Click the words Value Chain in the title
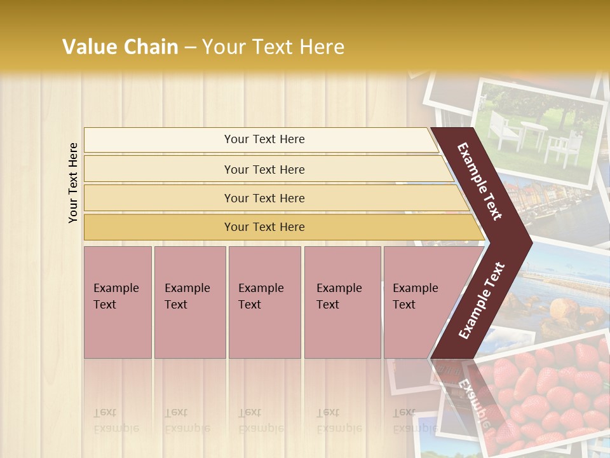click(x=120, y=47)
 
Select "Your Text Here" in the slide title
click(x=273, y=47)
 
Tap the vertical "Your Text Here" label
click(x=73, y=183)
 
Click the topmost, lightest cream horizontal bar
click(x=264, y=139)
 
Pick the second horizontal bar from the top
click(x=264, y=169)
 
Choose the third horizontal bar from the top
click(x=264, y=198)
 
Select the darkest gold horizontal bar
click(x=264, y=227)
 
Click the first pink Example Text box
click(x=118, y=302)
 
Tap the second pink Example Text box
click(x=189, y=302)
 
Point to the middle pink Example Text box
click(x=264, y=302)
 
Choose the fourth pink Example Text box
click(x=342, y=302)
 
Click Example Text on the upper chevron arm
click(x=480, y=181)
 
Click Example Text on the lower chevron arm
click(x=482, y=300)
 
